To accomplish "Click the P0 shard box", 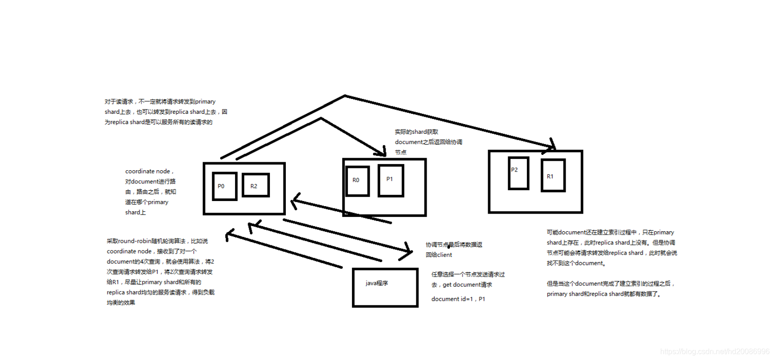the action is (224, 186).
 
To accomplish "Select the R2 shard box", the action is (256, 185).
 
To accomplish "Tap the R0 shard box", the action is (358, 180).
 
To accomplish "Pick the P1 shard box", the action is (390, 180).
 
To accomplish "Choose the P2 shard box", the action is (518, 173).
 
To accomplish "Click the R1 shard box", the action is (553, 175).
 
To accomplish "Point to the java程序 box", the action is (385, 287).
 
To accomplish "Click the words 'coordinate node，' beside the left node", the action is (149, 172).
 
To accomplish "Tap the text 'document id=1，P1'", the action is (458, 299).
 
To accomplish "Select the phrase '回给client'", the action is (439, 255).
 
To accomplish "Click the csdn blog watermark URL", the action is (715, 351).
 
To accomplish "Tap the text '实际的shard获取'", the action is (416, 132).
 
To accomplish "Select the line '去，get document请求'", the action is (461, 285).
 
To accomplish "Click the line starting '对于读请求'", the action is (160, 102).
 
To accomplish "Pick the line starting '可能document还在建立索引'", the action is (610, 232).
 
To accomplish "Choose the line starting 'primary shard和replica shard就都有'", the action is (604, 294).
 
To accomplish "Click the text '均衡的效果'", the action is (121, 303).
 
